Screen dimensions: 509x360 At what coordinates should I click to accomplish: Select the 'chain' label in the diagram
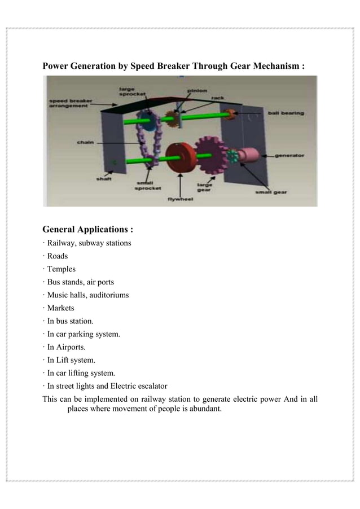pyautogui.click(x=85, y=142)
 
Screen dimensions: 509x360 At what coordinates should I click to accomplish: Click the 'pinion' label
pyautogui.click(x=197, y=90)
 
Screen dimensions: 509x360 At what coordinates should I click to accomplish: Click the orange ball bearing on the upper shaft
pyautogui.click(x=229, y=115)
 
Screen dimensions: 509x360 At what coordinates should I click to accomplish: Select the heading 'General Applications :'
pyautogui.click(x=88, y=230)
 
